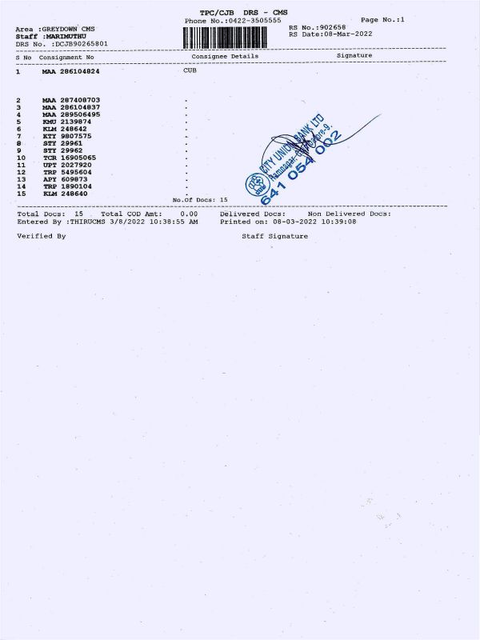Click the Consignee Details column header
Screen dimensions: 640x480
[x=225, y=57]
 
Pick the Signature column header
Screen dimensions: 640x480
[x=354, y=56]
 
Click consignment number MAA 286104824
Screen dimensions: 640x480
[x=71, y=72]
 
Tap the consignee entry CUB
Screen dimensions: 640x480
[x=190, y=71]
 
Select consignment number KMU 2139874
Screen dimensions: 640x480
[x=69, y=122]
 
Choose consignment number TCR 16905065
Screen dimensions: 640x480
[x=70, y=158]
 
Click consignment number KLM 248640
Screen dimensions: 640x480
[x=66, y=194]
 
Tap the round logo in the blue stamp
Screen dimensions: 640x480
[x=258, y=184]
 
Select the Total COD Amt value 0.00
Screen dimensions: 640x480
[x=189, y=214]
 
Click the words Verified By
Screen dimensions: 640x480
[x=42, y=236]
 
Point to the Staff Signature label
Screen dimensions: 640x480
[x=274, y=236]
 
